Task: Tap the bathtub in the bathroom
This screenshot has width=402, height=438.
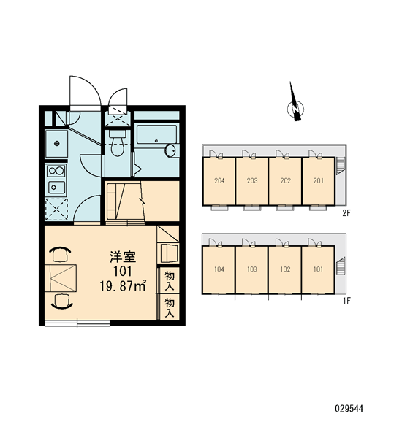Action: [x=156, y=134]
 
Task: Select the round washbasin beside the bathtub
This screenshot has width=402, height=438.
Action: [x=170, y=150]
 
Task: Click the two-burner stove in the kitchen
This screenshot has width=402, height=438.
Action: [x=56, y=170]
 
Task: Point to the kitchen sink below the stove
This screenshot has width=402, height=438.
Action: [x=56, y=187]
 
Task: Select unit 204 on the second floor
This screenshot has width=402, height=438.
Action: [x=219, y=181]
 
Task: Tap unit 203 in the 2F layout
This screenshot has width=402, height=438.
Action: [x=251, y=181]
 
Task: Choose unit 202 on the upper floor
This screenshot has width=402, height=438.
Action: [x=285, y=181]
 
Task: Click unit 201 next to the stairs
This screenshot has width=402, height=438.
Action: [x=319, y=181]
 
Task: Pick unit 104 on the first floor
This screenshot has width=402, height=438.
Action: [x=219, y=269]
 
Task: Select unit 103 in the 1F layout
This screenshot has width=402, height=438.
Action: [x=251, y=269]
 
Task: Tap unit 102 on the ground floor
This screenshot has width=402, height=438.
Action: [x=285, y=269]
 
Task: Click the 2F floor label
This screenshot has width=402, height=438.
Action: [x=346, y=213]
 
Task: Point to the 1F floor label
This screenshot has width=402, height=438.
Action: [x=346, y=301]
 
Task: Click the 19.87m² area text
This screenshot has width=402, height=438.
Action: [x=123, y=286]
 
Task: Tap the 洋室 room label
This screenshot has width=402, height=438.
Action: [x=123, y=257]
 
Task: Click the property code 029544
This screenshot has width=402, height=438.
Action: [x=349, y=410]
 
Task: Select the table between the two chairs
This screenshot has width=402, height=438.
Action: [x=61, y=277]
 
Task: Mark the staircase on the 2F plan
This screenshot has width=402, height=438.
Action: [x=341, y=166]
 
